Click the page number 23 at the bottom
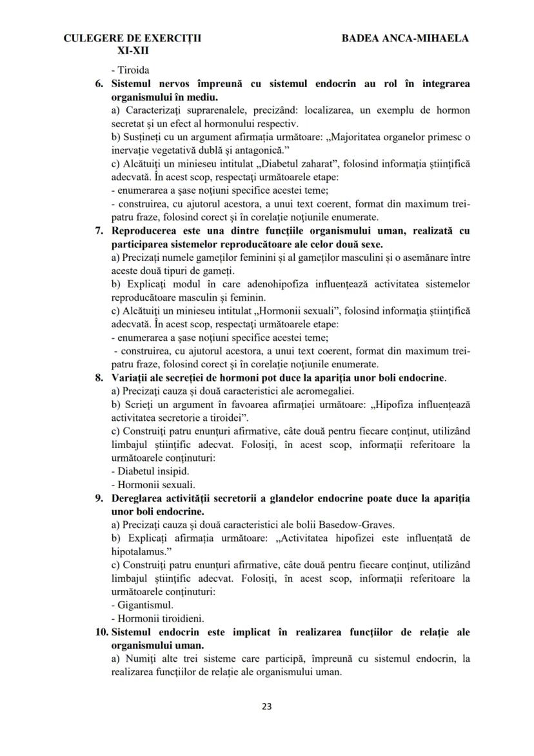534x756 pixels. coord(267,706)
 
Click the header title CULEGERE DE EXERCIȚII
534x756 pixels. coord(133,38)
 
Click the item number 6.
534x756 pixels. coord(101,84)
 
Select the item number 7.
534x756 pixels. coord(101,230)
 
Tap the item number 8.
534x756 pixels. coord(101,377)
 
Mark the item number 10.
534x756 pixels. coord(101,632)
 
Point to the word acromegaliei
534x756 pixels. coord(326,391)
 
